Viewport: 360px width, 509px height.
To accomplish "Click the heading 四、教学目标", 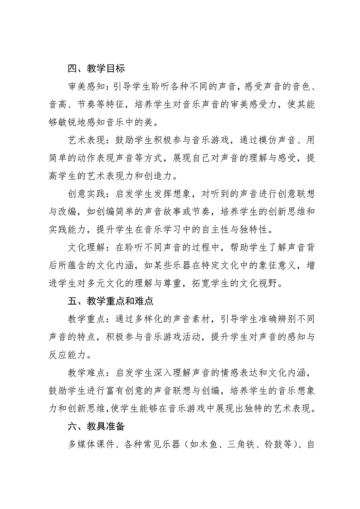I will (x=96, y=69).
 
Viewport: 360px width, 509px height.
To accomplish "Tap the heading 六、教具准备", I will (x=96, y=427).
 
